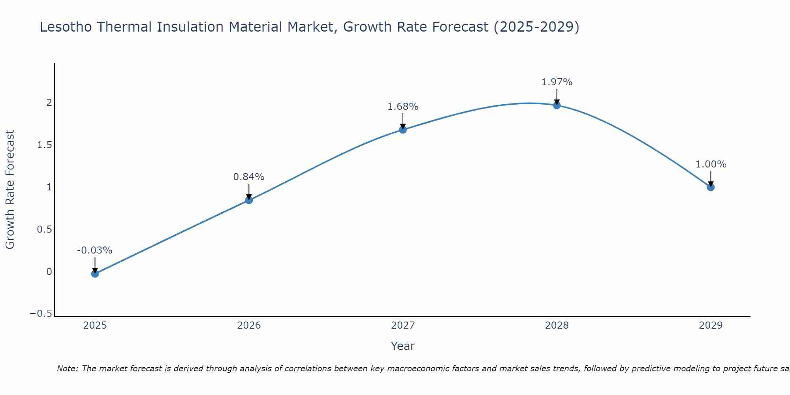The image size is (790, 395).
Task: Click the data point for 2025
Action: [x=95, y=273]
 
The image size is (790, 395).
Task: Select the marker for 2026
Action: [x=249, y=200]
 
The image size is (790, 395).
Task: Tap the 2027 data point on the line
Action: [x=403, y=130]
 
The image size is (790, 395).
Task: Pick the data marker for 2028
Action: [x=557, y=105]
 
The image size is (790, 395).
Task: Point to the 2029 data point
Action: [x=711, y=187]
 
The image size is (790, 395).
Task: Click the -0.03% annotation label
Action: [x=94, y=250]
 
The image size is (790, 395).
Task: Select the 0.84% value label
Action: [x=249, y=177]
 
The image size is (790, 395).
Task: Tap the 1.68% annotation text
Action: [x=403, y=107]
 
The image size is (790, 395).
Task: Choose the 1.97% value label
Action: [x=557, y=82]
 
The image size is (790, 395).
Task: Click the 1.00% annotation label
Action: [x=711, y=164]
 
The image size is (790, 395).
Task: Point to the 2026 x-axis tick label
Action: [x=249, y=325]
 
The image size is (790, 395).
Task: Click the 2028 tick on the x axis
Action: [x=557, y=325]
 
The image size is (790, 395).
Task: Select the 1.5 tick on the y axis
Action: [x=45, y=145]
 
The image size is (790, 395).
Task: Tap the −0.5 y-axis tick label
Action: [x=41, y=314]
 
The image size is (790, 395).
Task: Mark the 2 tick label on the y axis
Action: [x=49, y=103]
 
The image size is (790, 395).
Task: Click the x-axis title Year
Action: [x=403, y=346]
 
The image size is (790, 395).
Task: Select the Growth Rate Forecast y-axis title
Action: [x=10, y=189]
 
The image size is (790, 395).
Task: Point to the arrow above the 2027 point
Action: [x=403, y=121]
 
